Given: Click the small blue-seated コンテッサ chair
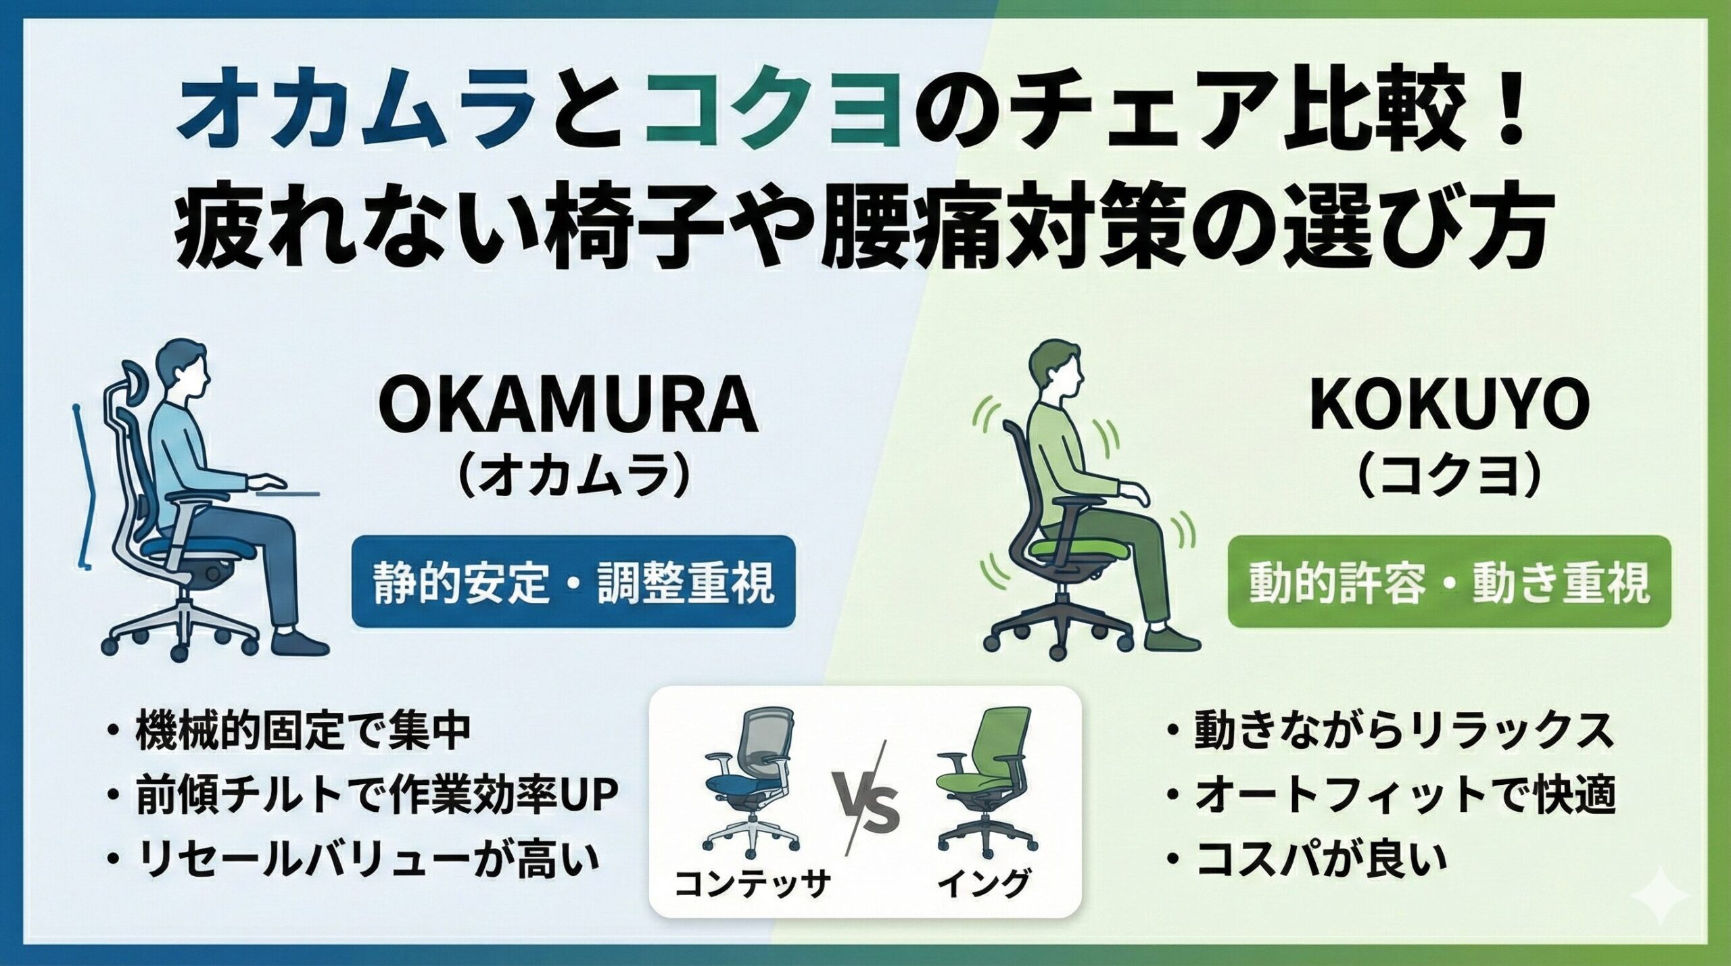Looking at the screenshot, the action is coord(747,777).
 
